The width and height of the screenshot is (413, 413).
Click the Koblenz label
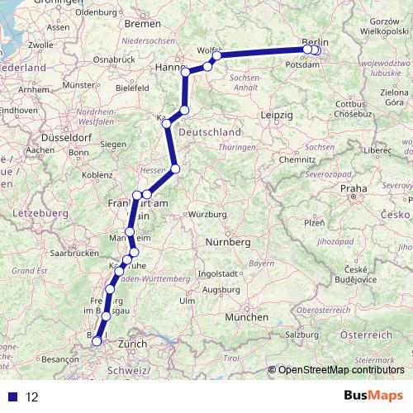tap(97, 174)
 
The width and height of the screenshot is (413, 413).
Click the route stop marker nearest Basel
tap(97, 340)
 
